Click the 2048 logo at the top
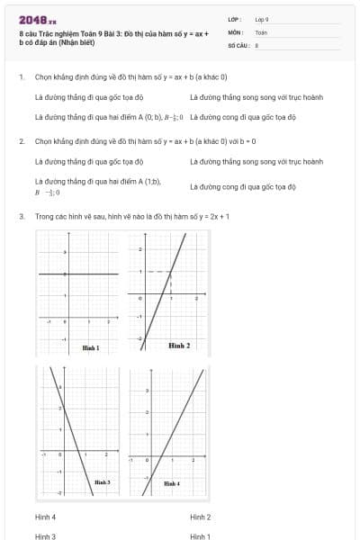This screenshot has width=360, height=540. click(37, 19)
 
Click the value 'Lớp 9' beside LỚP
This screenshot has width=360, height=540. click(262, 18)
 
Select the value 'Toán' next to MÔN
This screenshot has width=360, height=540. click(261, 31)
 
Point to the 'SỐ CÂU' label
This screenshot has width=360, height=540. click(237, 44)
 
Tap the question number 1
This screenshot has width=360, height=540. click(21, 76)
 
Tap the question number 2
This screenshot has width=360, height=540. click(21, 141)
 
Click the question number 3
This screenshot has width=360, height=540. click(21, 217)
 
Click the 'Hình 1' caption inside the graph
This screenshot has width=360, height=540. click(91, 347)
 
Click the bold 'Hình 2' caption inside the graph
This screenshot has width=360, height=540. click(179, 346)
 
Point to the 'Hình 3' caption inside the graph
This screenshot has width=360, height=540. click(102, 483)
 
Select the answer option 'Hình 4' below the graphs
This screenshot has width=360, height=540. click(45, 517)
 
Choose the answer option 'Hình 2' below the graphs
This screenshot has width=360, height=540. click(200, 517)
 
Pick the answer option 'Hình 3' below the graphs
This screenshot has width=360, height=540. click(45, 535)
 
